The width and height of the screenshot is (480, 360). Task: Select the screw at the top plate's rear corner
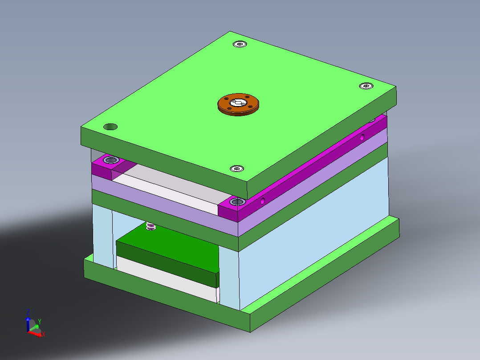point(240,44)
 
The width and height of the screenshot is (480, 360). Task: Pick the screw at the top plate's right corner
point(366,86)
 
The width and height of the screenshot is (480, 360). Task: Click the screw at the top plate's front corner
point(236,168)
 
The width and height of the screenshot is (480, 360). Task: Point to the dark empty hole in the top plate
point(110,127)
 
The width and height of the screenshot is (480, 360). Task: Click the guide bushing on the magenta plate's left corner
point(110,160)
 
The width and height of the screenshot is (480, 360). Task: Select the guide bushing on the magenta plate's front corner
point(236,203)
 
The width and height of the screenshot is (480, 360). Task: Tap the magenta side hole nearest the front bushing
point(263,201)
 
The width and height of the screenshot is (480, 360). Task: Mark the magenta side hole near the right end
point(362,137)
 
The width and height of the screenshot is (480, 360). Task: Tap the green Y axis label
point(39,321)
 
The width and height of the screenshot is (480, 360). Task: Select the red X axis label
point(44,334)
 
